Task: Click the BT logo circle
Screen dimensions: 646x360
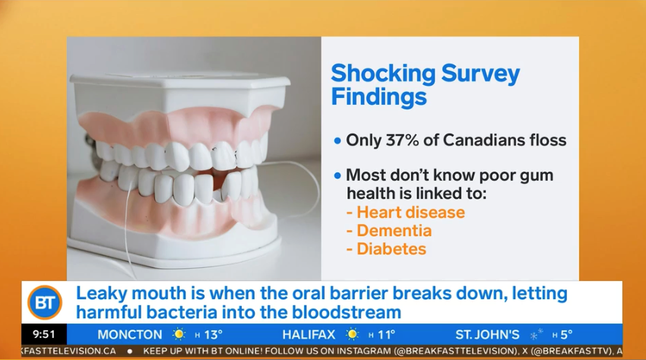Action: click(x=45, y=302)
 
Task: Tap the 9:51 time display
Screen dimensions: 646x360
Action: click(x=43, y=334)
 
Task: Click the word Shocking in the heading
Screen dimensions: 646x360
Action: click(x=383, y=74)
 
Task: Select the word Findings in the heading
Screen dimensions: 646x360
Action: click(x=379, y=96)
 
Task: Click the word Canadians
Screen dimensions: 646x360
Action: click(x=477, y=141)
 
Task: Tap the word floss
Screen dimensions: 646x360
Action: click(x=541, y=141)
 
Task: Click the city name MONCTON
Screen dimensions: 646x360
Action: click(x=130, y=334)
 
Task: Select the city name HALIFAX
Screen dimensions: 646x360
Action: click(x=309, y=334)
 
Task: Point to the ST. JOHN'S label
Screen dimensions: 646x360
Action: click(x=487, y=334)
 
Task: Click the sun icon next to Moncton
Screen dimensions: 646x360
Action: click(x=179, y=334)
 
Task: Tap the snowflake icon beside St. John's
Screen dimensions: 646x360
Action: click(x=536, y=334)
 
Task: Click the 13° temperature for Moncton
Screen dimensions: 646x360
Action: click(x=214, y=334)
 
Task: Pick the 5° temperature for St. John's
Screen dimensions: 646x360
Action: click(x=566, y=334)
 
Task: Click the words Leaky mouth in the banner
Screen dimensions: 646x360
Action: click(x=131, y=294)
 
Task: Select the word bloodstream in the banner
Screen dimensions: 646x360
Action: click(x=347, y=312)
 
